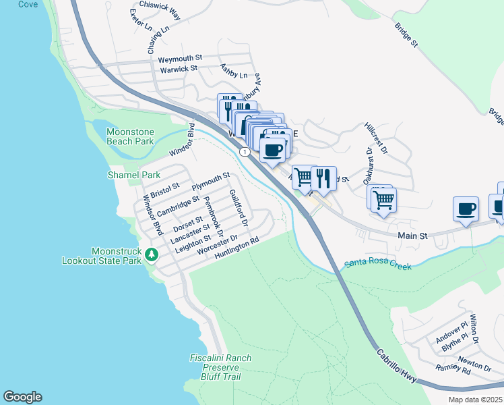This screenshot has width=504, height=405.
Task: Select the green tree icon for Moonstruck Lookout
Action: pos(153,254)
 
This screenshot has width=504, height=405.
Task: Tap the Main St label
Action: pos(413,236)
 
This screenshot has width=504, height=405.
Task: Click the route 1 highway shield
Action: pos(247,153)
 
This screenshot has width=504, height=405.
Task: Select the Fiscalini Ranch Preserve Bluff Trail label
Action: pos(220,367)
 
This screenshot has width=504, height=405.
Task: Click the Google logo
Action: pos(22,397)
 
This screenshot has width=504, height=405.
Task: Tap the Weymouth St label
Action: pos(180,59)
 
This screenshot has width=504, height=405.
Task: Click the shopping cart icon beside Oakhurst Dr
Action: pos(383,199)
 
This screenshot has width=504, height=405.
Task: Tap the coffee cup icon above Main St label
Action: pos(466,209)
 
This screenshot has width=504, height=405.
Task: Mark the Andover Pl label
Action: pos(451,333)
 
